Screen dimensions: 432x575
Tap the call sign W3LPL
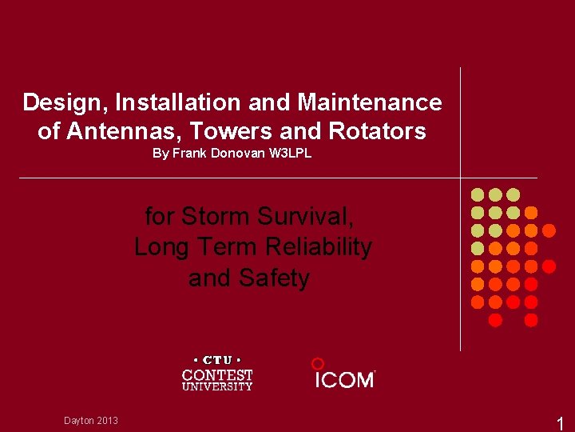pyautogui.click(x=290, y=154)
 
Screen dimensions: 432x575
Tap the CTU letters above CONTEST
pyautogui.click(x=217, y=360)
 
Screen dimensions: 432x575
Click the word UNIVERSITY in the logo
pyautogui.click(x=217, y=387)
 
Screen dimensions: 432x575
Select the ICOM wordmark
pyautogui.click(x=344, y=380)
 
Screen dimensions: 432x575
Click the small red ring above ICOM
pyautogui.click(x=317, y=363)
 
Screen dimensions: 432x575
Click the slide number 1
pyautogui.click(x=560, y=424)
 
